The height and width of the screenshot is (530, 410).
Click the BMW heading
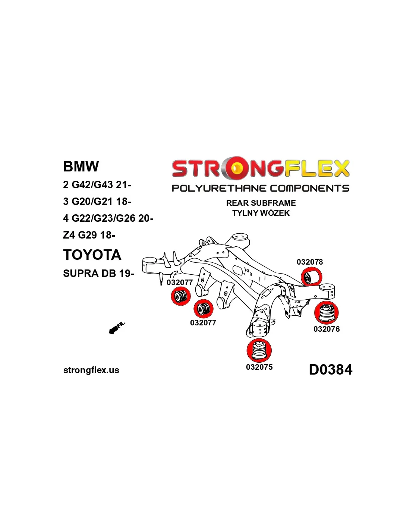coord(81,166)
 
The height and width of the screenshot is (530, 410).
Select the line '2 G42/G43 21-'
coord(97,184)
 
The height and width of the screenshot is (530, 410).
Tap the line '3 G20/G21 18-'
coord(97,201)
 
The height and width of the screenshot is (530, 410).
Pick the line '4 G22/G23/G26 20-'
coord(108,218)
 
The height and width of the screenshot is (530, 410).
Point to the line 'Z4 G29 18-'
coord(89,235)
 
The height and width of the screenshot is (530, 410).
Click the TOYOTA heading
coord(92,255)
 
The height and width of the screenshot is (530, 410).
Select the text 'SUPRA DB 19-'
coord(98,273)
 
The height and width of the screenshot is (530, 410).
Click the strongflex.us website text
coord(91,370)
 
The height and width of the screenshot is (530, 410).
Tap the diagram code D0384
coord(331,370)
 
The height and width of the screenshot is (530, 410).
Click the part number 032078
coord(310,262)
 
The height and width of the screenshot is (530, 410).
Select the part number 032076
coord(327,329)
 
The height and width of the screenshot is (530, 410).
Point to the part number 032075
coord(259,367)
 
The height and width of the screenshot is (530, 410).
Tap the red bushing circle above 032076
coord(327,312)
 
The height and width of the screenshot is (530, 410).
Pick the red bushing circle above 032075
coord(259,350)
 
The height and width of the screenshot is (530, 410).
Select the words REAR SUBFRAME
coord(261,203)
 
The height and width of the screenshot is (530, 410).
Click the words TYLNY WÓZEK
coord(261,213)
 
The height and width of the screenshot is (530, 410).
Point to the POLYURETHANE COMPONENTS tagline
coord(261,188)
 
